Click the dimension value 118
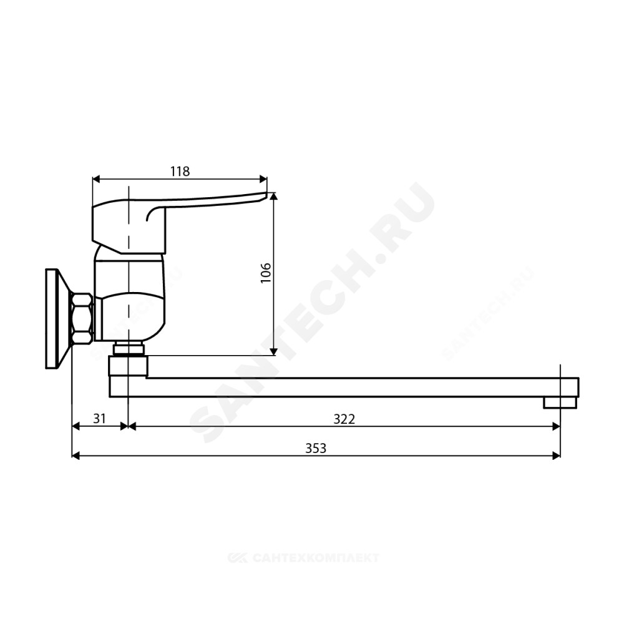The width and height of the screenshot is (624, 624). coord(180,172)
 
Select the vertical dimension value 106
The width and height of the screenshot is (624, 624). coord(265,273)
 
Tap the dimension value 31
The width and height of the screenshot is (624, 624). coord(99,418)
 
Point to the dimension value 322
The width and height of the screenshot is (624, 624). coord(344,419)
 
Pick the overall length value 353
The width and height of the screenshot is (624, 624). coord(316,449)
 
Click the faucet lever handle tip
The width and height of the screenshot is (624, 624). coord(265,194)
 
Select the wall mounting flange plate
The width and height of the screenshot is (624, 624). coord(56,319)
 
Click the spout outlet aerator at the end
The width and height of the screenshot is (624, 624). coord(560,402)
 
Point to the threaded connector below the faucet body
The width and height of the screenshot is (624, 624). coord(129,349)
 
